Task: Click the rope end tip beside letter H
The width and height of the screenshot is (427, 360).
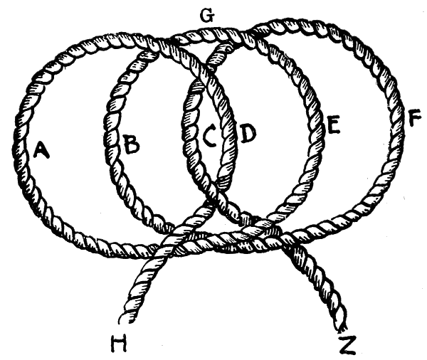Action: click(x=125, y=318)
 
